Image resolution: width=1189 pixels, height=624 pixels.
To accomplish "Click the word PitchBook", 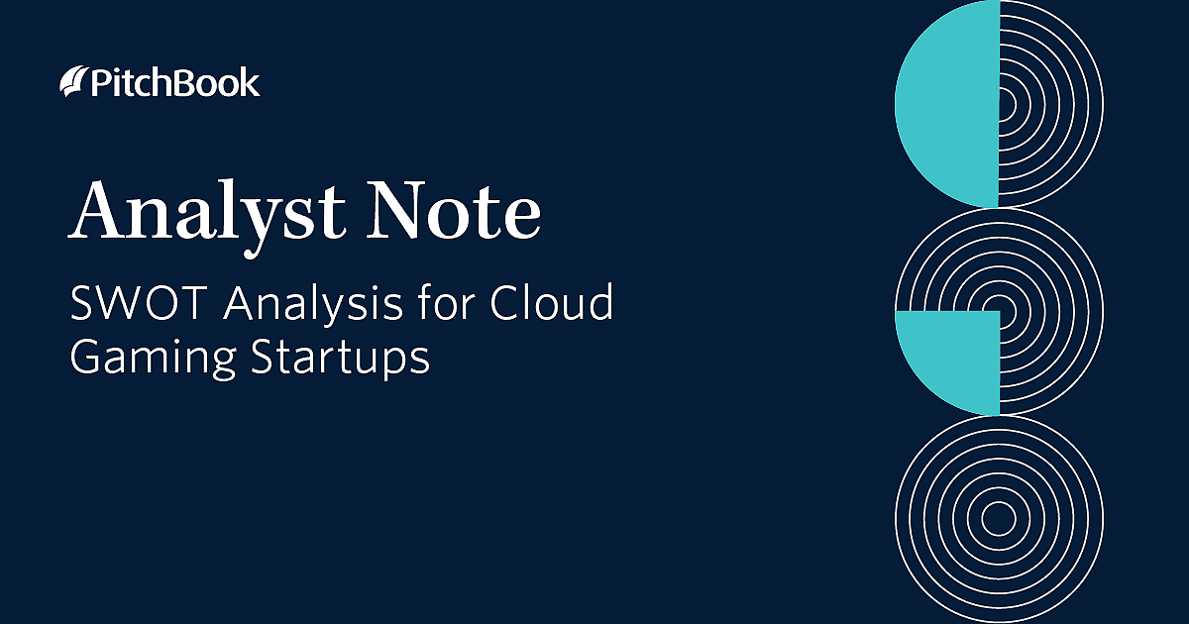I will (x=174, y=83).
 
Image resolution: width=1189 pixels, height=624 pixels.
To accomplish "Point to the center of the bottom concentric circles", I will (x=999, y=517).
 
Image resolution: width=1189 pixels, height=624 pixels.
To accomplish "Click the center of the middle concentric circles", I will (x=999, y=311).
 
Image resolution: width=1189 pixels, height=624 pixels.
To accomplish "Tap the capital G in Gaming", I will (x=86, y=358).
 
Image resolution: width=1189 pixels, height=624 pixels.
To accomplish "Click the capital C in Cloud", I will (x=506, y=303).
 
